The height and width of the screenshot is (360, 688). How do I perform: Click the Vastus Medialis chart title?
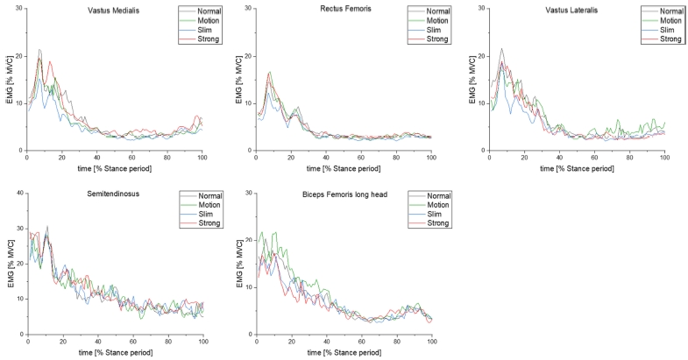coord(114,11)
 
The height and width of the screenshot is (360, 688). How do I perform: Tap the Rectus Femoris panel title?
coord(346,9)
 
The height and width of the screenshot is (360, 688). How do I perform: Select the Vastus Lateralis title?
coord(571,11)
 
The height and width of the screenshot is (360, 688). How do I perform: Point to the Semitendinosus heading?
coord(113,194)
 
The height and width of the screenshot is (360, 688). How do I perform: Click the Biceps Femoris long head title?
coord(345,194)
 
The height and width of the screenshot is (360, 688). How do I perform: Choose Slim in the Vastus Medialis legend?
coord(204,30)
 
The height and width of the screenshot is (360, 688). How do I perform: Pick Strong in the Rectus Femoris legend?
coord(437,39)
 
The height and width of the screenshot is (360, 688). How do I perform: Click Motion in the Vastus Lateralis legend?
coord(670,21)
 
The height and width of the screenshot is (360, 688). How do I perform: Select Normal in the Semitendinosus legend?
coord(210,196)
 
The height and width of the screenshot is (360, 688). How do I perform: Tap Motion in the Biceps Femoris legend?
coord(438,205)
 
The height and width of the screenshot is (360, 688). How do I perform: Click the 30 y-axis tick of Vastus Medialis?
coord(19,9)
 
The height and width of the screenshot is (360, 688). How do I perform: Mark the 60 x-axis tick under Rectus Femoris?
coord(361,158)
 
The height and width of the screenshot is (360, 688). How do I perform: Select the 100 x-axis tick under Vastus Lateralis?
coord(664,158)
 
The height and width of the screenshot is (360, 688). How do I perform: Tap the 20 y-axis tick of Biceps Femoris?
coord(249,240)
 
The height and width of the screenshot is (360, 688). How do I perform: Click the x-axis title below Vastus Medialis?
coord(115,168)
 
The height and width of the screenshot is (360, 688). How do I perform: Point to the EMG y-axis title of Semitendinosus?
coord(11,264)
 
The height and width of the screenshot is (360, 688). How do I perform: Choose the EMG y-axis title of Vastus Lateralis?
coord(472,80)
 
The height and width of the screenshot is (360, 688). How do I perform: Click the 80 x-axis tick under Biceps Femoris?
coord(397,342)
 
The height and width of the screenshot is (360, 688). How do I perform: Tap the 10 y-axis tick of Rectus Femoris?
coord(249,103)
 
